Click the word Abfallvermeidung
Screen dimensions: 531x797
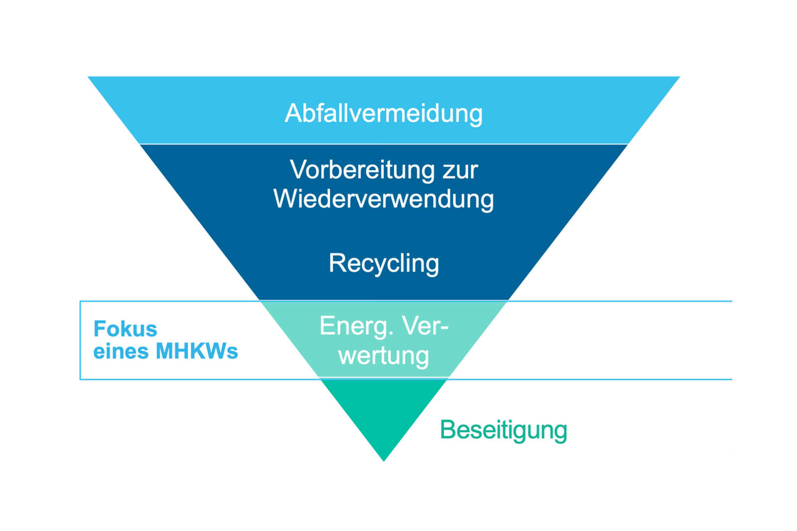pyautogui.click(x=384, y=114)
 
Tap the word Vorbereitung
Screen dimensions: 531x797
pyautogui.click(x=356, y=170)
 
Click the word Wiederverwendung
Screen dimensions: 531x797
pyautogui.click(x=384, y=199)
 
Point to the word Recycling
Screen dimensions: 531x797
pyautogui.click(x=384, y=264)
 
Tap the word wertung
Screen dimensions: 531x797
pyautogui.click(x=384, y=356)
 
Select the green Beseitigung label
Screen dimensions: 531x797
pyautogui.click(x=503, y=430)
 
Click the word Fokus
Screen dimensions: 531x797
pyautogui.click(x=125, y=329)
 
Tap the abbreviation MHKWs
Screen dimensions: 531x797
pyautogui.click(x=197, y=352)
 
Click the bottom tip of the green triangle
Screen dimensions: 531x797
pyautogui.click(x=384, y=460)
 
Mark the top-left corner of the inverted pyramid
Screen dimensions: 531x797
pyautogui.click(x=89, y=77)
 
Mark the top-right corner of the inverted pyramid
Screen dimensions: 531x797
pyautogui.click(x=678, y=77)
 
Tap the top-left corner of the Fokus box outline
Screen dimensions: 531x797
pyautogui.click(x=80, y=301)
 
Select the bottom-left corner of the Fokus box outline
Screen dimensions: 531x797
pyautogui.click(x=80, y=379)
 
